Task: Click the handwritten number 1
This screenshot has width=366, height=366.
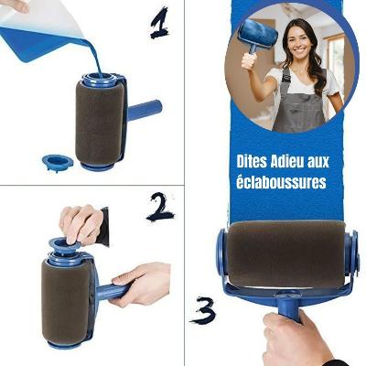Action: pyautogui.click(x=160, y=23)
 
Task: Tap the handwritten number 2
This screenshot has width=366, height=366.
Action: pyautogui.click(x=160, y=207)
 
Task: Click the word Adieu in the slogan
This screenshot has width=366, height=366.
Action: pyautogui.click(x=287, y=162)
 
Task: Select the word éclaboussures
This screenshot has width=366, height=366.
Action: pyautogui.click(x=281, y=182)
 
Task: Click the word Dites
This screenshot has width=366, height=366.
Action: pyautogui.click(x=252, y=162)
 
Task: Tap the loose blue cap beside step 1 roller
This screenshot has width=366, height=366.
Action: pyautogui.click(x=58, y=162)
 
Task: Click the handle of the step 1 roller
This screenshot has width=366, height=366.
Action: pyautogui.click(x=144, y=109)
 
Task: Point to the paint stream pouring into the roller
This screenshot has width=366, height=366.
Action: pyautogui.click(x=94, y=57)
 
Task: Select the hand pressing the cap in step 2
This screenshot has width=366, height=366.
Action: pyautogui.click(x=81, y=224)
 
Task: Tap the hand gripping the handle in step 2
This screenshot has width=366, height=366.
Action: pyautogui.click(x=140, y=285)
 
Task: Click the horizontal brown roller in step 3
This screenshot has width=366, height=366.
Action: pyautogui.click(x=286, y=254)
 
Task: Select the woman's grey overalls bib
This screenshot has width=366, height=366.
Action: pyautogui.click(x=299, y=101)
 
